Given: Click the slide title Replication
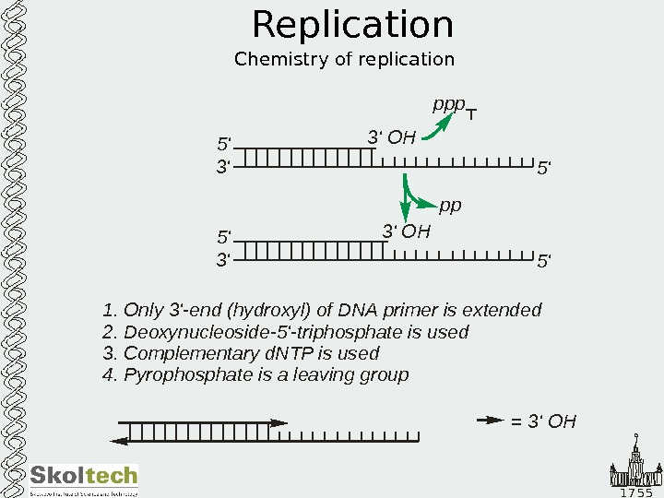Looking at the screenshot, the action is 352,26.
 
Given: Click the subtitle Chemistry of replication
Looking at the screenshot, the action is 344,60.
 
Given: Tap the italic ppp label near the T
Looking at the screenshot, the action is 448,105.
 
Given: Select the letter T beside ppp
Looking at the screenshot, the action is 471,115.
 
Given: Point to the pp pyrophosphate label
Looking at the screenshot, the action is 450,205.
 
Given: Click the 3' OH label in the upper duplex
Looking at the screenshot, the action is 392,138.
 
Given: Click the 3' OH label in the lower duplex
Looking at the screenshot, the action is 406,231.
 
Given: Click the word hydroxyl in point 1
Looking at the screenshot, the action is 269,310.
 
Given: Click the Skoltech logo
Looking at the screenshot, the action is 83,478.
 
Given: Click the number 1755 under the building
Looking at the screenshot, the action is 635,492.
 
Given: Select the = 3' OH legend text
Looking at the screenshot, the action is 543,422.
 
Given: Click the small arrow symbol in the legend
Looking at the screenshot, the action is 490,421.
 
